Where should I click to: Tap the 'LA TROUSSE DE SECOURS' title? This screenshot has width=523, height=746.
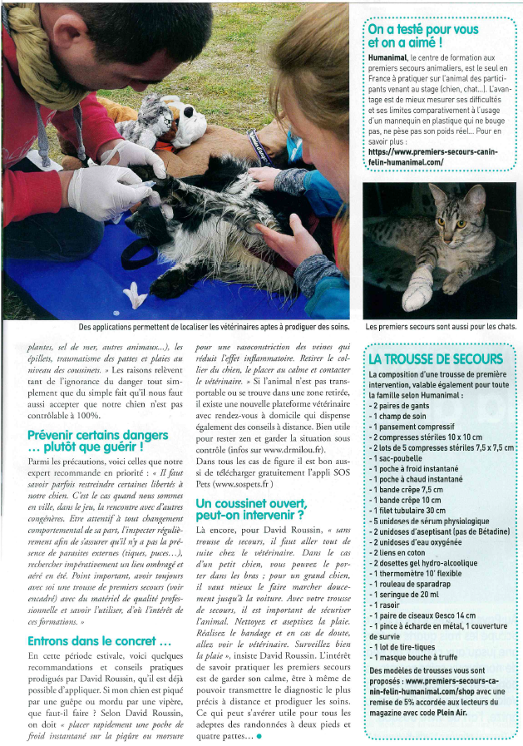436,359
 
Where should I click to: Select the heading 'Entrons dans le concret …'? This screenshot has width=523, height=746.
99,641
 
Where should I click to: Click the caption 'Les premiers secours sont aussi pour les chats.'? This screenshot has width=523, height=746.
440,327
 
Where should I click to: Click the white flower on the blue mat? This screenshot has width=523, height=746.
136,294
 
